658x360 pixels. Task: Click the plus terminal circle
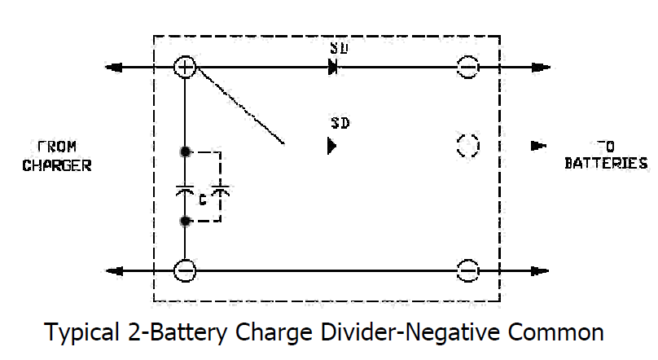186,67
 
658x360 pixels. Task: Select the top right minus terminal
467,67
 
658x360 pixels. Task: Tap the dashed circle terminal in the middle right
467,146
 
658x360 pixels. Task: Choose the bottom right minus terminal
467,270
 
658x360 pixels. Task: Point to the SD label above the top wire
340,46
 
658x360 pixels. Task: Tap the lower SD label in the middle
340,125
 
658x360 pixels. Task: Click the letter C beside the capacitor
202,198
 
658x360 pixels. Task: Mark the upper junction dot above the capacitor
186,151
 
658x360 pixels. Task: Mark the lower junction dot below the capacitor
186,221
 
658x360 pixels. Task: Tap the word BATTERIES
606,164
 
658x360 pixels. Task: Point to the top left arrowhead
112,67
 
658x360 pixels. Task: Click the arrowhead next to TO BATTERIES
537,146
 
